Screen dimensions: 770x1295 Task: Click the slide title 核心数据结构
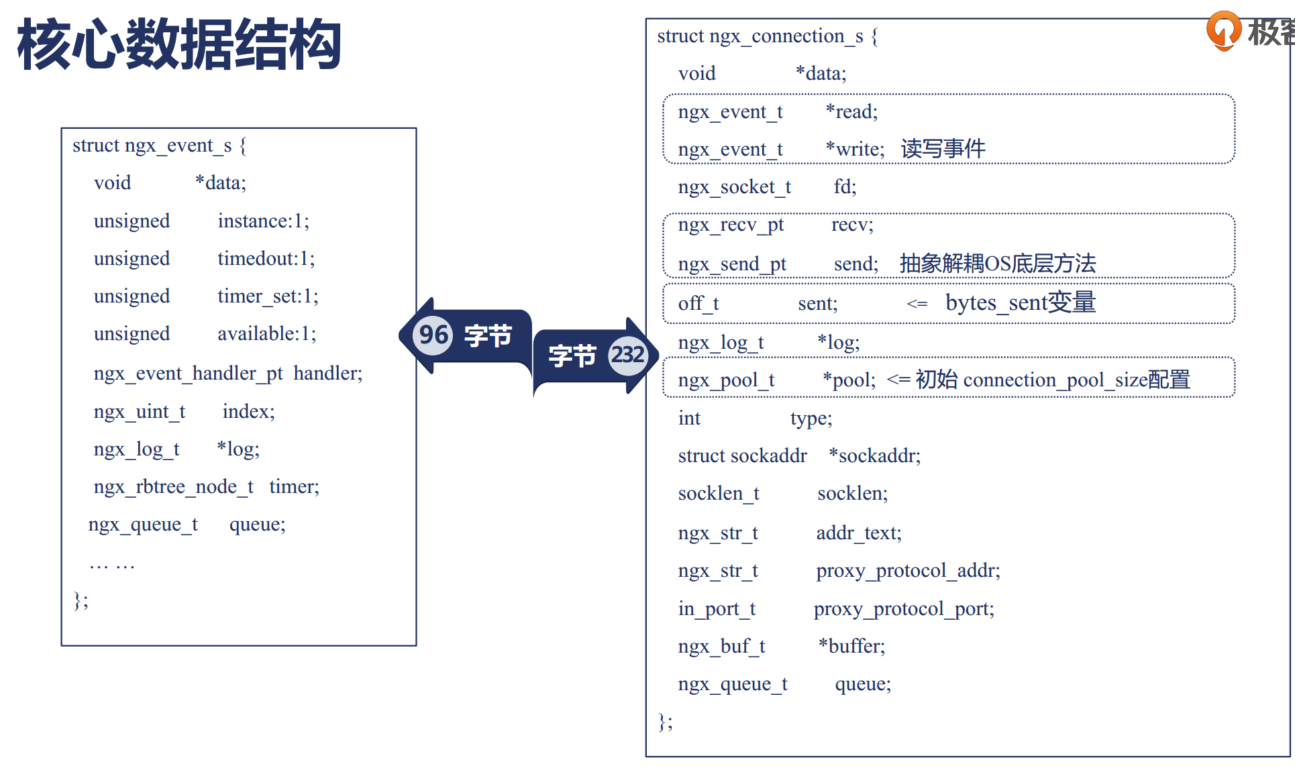coord(180,44)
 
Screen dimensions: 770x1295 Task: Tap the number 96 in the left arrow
coord(433,334)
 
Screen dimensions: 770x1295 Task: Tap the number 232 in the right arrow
coord(627,354)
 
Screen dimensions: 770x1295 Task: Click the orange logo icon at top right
coord(1223,30)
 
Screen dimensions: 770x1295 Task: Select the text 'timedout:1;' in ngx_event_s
coord(266,259)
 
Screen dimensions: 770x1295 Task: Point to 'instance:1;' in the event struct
coord(263,221)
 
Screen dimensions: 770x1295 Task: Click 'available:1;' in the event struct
coord(266,334)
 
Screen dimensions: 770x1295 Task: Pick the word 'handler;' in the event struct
coord(327,374)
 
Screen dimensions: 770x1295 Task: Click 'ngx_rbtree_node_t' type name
coord(174,487)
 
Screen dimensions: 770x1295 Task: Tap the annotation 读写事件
coord(943,149)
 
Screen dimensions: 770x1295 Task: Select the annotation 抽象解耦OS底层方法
coord(997,264)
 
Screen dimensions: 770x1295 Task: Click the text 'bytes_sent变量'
coord(1020,303)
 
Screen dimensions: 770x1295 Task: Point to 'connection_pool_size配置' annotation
coord(1076,380)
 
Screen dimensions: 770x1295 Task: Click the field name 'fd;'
coord(845,187)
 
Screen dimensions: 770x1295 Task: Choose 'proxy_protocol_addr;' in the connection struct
coord(908,571)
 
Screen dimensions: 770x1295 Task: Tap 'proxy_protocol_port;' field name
coord(904,609)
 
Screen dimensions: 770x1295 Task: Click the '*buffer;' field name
coord(851,647)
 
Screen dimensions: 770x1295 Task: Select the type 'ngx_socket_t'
coord(735,187)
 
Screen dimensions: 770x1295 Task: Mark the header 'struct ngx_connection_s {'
coord(767,36)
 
